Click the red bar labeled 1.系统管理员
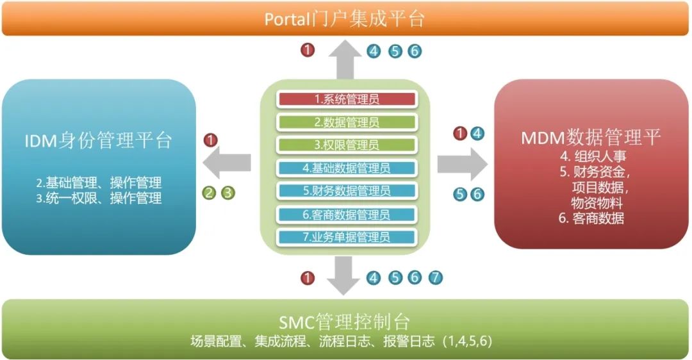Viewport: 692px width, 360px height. [347, 99]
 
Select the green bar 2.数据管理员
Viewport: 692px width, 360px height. [347, 122]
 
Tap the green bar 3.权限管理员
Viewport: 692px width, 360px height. [347, 145]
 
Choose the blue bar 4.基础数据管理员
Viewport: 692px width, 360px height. [347, 168]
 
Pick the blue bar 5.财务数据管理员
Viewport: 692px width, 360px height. [347, 191]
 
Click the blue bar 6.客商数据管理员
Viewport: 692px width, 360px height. [347, 215]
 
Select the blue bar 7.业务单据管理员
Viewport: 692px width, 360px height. [347, 237]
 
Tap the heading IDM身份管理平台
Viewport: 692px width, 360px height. [99, 141]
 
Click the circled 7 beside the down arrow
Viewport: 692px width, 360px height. [435, 277]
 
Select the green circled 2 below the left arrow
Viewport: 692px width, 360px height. [209, 191]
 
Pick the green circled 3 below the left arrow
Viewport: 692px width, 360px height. [228, 191]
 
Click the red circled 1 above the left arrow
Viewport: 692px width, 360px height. [211, 140]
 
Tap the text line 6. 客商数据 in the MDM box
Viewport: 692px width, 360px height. [591, 218]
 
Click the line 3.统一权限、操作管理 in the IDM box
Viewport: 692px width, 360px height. [99, 198]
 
